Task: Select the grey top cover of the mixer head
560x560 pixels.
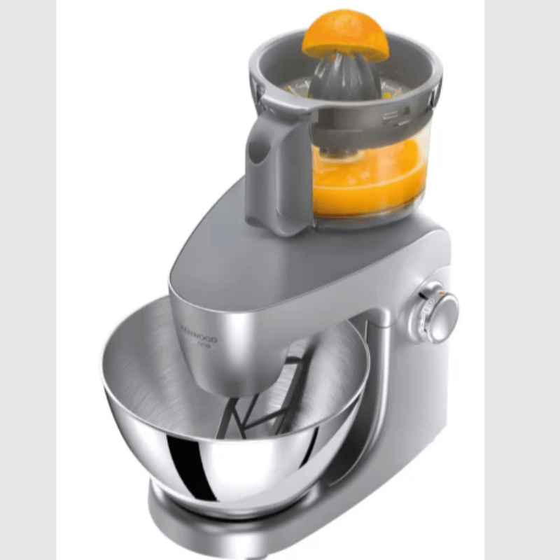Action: [x=294, y=259]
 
